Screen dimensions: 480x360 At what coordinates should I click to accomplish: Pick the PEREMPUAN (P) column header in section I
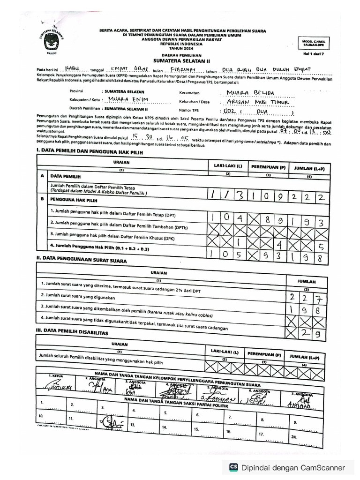[268, 166]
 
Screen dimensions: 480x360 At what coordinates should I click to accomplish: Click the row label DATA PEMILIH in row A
[66, 177]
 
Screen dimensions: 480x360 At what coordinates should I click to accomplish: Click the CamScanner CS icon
[233, 467]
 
